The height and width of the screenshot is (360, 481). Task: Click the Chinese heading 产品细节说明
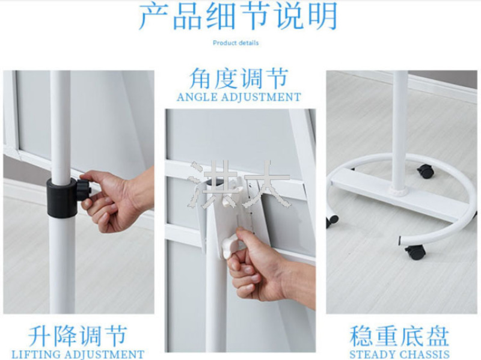click(238, 16)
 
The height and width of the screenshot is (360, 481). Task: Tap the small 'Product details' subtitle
click(236, 43)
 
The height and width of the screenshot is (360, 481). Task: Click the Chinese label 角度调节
click(239, 79)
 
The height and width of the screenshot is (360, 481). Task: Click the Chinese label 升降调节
click(78, 337)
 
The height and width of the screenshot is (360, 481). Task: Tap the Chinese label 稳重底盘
click(399, 337)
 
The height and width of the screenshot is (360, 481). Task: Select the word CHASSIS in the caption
click(427, 355)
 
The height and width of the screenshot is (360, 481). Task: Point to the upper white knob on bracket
click(227, 201)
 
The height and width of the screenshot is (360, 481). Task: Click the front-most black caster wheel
click(415, 252)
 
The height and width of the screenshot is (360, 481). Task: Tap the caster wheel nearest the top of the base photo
click(426, 171)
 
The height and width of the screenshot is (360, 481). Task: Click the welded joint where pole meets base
click(399, 192)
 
